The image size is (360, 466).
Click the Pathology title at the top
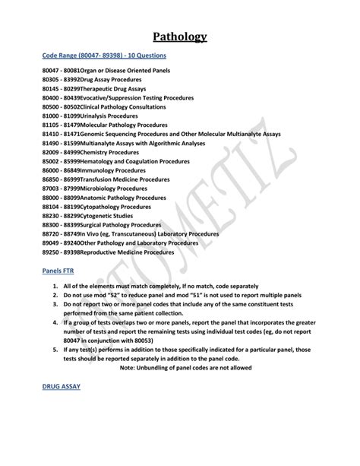(180, 36)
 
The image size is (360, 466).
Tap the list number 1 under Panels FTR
(55, 286)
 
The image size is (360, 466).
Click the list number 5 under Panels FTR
(55, 350)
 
